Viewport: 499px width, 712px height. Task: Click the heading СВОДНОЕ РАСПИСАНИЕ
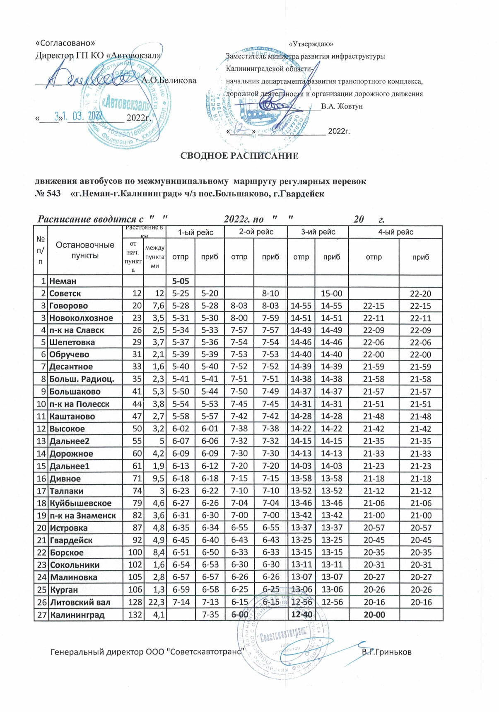(x=239, y=156)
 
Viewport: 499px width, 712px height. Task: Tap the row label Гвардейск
(x=71, y=540)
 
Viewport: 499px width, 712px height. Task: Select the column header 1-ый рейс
(x=195, y=232)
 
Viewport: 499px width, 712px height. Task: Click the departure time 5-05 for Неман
(x=181, y=281)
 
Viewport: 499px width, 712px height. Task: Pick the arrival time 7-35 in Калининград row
(x=210, y=615)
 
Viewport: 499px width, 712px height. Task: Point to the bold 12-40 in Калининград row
(x=301, y=615)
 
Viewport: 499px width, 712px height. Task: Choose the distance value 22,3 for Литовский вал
(x=155, y=602)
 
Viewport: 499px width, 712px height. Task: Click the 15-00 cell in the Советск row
(x=332, y=294)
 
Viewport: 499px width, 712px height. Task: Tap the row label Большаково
(x=75, y=392)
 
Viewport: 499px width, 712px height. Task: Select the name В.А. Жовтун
(x=342, y=106)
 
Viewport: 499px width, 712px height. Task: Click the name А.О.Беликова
(x=169, y=80)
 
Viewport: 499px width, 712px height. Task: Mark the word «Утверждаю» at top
(x=311, y=44)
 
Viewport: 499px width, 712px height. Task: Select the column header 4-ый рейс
(x=395, y=232)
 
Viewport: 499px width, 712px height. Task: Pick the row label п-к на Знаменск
(x=83, y=516)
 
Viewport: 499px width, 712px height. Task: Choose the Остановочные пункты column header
(x=85, y=250)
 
